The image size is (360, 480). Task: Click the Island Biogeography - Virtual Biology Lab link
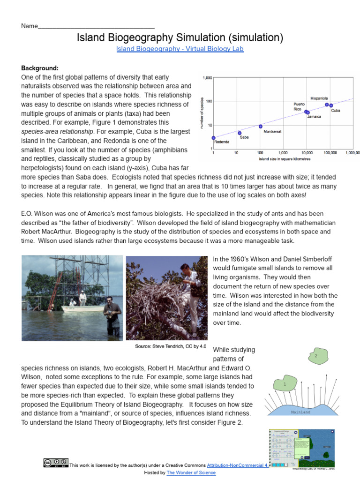point(180,49)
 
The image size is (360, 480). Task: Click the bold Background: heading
point(40,68)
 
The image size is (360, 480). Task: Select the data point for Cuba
point(331,105)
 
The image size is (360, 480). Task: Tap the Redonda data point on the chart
point(213,138)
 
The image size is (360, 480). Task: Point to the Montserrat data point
point(261,126)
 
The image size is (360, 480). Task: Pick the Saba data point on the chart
point(240,133)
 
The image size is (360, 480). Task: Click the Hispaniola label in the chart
point(319,98)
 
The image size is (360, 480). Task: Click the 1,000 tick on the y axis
point(207,78)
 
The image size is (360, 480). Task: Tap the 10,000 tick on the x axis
point(307,153)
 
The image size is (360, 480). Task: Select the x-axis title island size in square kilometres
point(284,159)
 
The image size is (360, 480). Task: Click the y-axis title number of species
point(202,113)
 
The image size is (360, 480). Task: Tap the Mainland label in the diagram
point(300,412)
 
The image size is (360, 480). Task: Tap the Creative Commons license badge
point(56,463)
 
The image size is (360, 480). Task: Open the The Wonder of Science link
point(191,473)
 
